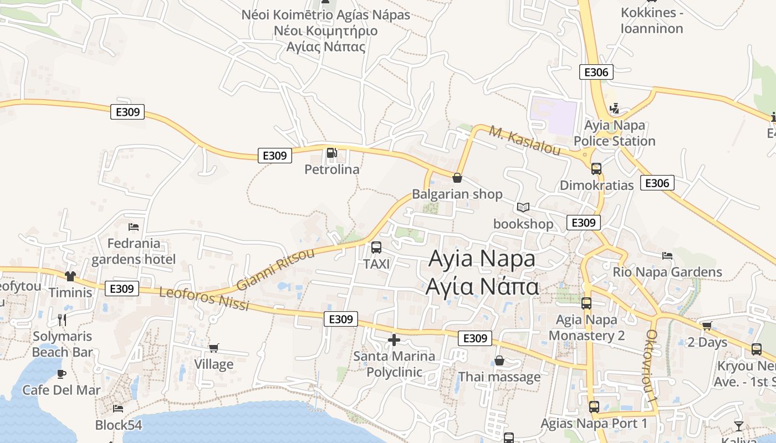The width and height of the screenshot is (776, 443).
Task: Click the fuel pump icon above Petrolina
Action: (331, 153)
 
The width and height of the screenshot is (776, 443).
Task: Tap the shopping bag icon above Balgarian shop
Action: (457, 178)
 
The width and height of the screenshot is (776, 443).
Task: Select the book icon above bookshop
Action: (523, 208)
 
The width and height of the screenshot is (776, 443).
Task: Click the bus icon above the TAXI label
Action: (376, 248)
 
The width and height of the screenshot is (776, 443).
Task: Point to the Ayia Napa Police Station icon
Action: (614, 109)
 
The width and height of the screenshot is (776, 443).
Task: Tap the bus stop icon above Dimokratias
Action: (596, 168)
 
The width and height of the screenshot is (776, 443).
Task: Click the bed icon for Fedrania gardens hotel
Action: (133, 226)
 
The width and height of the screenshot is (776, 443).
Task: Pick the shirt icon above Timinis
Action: (70, 276)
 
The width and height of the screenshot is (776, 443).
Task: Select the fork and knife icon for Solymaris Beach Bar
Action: (62, 320)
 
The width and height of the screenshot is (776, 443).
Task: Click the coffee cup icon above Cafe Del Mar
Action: (62, 374)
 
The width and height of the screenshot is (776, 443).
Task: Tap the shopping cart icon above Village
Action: (213, 348)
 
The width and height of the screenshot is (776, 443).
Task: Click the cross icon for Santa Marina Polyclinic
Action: (394, 339)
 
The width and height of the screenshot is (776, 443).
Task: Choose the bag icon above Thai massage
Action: (499, 360)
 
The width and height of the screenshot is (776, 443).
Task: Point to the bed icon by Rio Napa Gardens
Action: (667, 255)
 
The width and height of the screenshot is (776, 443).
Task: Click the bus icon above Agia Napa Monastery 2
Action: (586, 303)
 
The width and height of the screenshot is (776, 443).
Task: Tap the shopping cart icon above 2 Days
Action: (707, 326)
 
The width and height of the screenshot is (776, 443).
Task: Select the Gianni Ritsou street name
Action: (275, 270)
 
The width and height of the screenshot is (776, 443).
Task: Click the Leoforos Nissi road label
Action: (204, 299)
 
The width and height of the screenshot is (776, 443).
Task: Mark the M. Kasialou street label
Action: (525, 140)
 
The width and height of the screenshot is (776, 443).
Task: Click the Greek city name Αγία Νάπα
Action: (482, 287)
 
